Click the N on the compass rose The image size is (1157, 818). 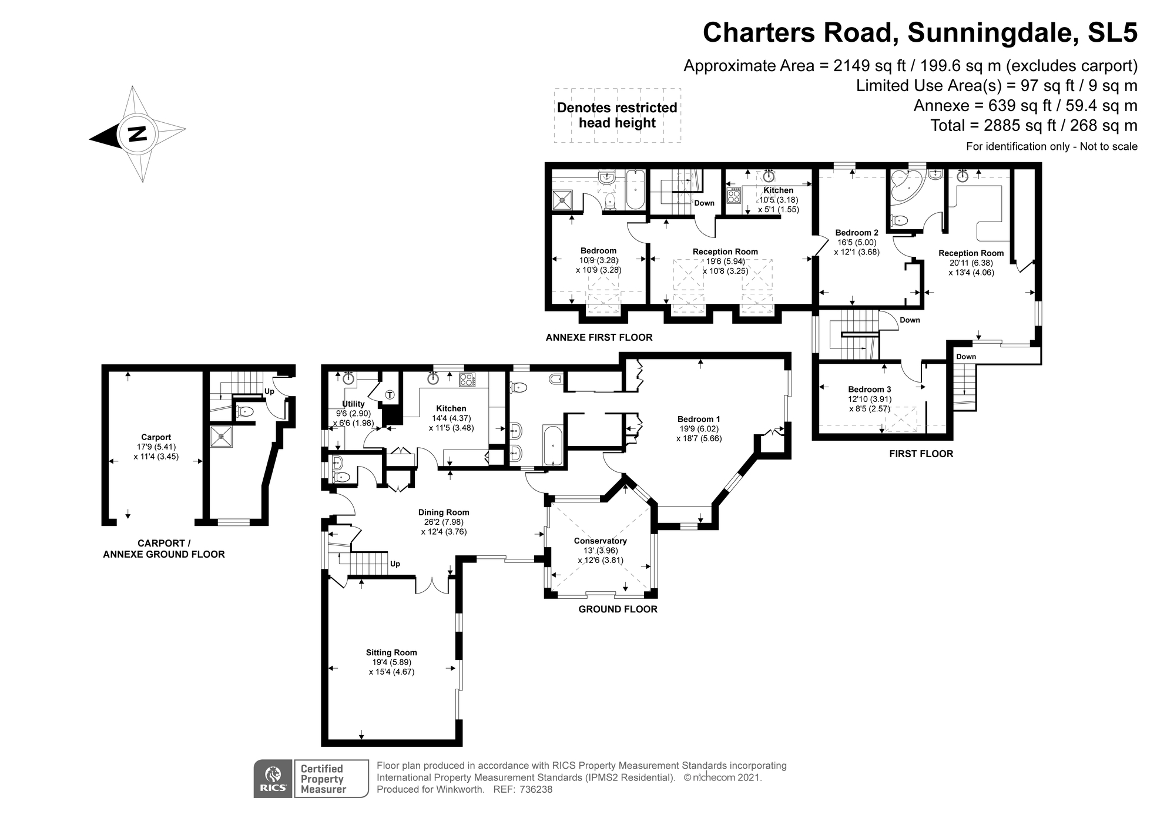[x=137, y=134]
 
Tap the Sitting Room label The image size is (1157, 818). [x=391, y=652]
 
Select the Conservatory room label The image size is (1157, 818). [x=600, y=541]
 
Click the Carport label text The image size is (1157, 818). [x=156, y=437]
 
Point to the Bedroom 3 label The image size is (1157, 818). [x=869, y=389]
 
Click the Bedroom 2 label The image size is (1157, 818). [x=857, y=233]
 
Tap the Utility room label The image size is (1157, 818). [x=353, y=404]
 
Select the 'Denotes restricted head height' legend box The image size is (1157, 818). [x=617, y=115]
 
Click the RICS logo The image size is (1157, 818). [x=273, y=779]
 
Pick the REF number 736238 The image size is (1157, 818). [x=535, y=789]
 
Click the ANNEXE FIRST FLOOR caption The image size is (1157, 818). [x=599, y=337]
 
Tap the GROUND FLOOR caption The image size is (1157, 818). [x=618, y=609]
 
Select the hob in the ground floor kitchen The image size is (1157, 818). [x=467, y=380]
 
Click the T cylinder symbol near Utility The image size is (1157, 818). [x=390, y=395]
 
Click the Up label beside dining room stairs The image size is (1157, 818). [x=395, y=564]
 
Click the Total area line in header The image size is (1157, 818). [x=1034, y=125]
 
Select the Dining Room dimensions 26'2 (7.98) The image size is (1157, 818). [x=444, y=522]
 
